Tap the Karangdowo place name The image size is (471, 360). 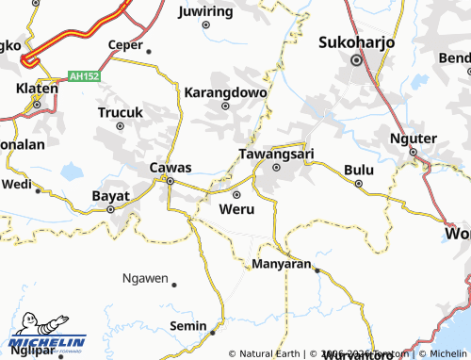click(x=225, y=93)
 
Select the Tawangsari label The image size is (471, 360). click(x=276, y=153)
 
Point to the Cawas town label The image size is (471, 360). click(x=171, y=168)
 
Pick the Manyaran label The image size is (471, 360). click(x=282, y=264)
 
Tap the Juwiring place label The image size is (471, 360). click(x=204, y=11)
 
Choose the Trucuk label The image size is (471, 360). click(x=121, y=112)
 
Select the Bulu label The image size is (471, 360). click(x=358, y=170)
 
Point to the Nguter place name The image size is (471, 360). click(x=413, y=139)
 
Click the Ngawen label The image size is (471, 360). click(x=145, y=279)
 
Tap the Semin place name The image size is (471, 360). click(x=187, y=325)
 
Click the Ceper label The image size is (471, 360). click(x=125, y=43)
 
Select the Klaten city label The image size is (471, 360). click(x=37, y=89)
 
